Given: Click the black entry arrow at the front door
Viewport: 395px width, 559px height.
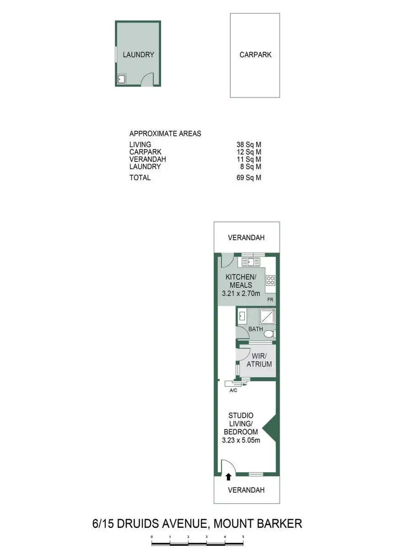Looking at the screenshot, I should tap(229, 477).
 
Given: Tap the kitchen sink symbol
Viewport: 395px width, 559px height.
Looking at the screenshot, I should tap(249, 261).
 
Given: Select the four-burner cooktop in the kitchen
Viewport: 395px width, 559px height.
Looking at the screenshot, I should tap(271, 280).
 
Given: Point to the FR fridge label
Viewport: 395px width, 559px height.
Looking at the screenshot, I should tap(270, 299).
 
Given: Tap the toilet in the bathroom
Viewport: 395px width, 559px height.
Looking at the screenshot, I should tap(269, 334).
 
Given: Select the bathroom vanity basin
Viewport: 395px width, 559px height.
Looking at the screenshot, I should tap(242, 317).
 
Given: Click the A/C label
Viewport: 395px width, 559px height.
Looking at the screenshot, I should tap(233, 391).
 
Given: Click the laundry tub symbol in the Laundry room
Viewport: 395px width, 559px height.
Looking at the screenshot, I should tap(121, 80).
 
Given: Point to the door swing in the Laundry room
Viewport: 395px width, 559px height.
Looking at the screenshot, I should tap(148, 79).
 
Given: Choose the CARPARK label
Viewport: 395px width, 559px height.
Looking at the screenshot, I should tap(255, 54).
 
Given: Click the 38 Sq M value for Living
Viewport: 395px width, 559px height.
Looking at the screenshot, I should tap(249, 144).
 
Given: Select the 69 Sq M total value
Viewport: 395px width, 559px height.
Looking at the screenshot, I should tap(249, 178).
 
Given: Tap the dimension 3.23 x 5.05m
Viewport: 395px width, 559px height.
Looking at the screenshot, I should tap(241, 440).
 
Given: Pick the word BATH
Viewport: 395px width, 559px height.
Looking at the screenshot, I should tap(255, 329).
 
